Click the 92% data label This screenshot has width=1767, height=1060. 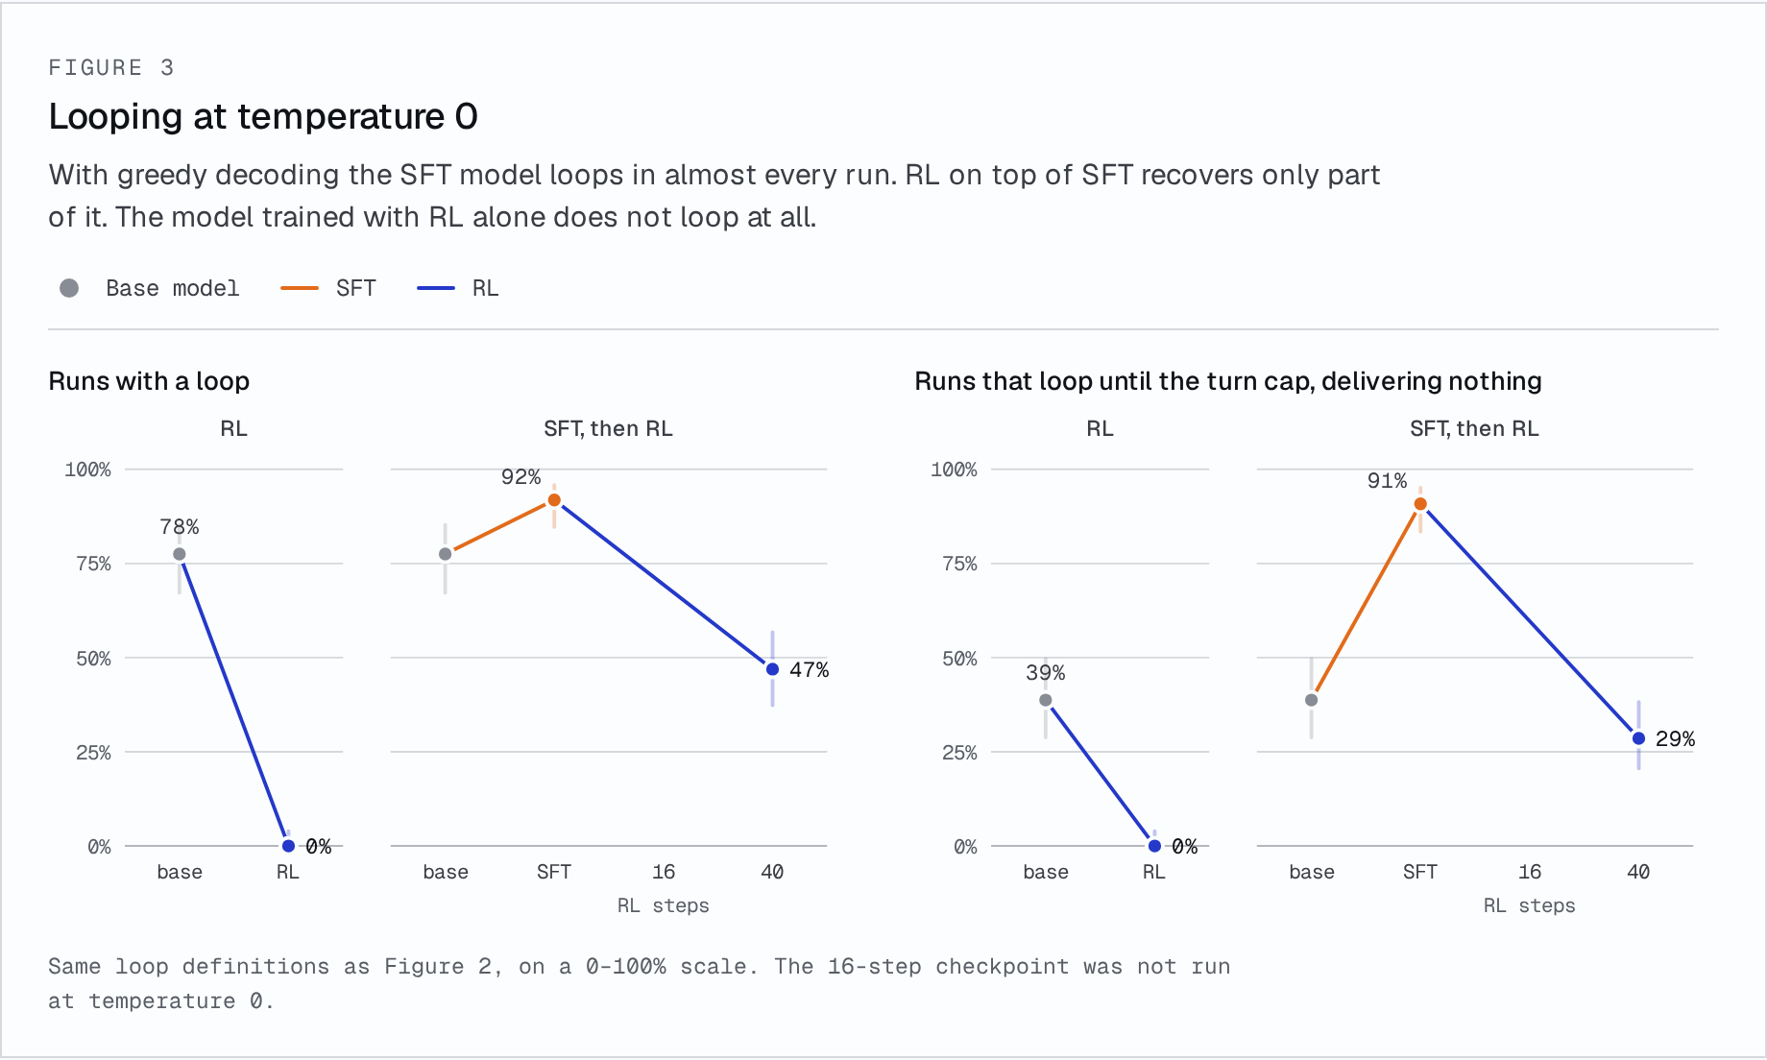coord(520,477)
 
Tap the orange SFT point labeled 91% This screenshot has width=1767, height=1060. coord(1420,504)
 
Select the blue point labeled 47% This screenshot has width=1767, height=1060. coord(772,669)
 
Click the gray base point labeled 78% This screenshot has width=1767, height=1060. coord(180,554)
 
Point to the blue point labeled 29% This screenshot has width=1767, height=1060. coord(1638,738)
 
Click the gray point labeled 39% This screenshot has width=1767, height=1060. coord(1046,700)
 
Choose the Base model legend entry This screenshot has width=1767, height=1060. coord(150,288)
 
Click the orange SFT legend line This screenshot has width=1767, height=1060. coord(300,288)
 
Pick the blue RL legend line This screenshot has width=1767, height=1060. coord(436,288)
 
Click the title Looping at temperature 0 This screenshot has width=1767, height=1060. coord(263,117)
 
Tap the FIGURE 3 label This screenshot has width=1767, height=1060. coord(111,67)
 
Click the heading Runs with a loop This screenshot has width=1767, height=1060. coord(149,381)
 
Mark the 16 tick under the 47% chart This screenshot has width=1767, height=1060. coord(664,872)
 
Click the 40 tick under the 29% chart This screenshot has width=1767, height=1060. coord(1638,872)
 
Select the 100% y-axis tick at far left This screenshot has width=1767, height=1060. coord(87,470)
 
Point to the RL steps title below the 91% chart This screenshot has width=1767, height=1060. coord(1530,905)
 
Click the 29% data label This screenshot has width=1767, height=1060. coord(1676,739)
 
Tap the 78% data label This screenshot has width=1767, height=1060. coord(180,527)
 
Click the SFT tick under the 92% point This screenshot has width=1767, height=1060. coord(554,872)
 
